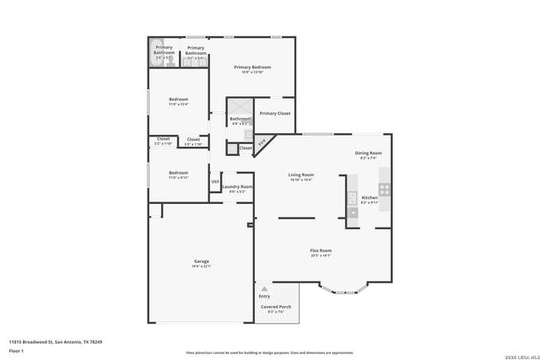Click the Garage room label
tap(201, 262)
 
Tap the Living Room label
tap(301, 175)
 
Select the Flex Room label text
tap(321, 250)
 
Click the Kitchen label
tap(370, 197)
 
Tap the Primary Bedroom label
tap(252, 67)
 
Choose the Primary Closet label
tap(274, 113)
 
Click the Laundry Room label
tap(237, 186)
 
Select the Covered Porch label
tap(275, 307)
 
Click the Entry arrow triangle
tap(264, 289)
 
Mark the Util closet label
tap(215, 181)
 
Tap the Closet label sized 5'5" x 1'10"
tap(193, 140)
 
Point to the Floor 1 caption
tap(17, 350)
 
